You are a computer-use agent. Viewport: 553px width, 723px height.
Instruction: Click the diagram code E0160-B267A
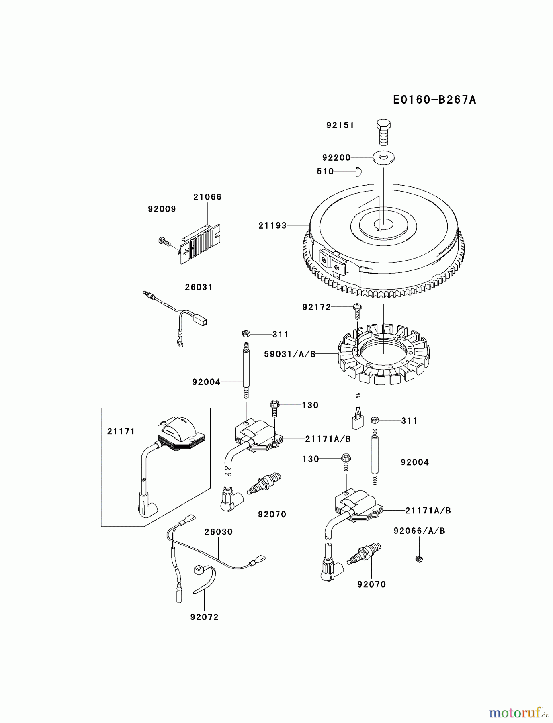[434, 100]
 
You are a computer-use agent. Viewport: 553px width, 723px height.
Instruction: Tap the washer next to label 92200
[383, 157]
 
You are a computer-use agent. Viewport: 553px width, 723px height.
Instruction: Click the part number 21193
[272, 226]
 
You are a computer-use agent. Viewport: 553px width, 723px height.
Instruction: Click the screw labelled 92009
[164, 241]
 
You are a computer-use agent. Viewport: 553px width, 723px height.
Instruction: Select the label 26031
[199, 287]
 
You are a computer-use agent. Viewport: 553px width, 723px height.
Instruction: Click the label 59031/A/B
[290, 354]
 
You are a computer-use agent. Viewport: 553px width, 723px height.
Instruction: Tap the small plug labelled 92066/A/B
[419, 558]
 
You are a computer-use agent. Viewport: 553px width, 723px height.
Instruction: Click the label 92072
[204, 617]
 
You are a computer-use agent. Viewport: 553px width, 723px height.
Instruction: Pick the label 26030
[218, 532]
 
